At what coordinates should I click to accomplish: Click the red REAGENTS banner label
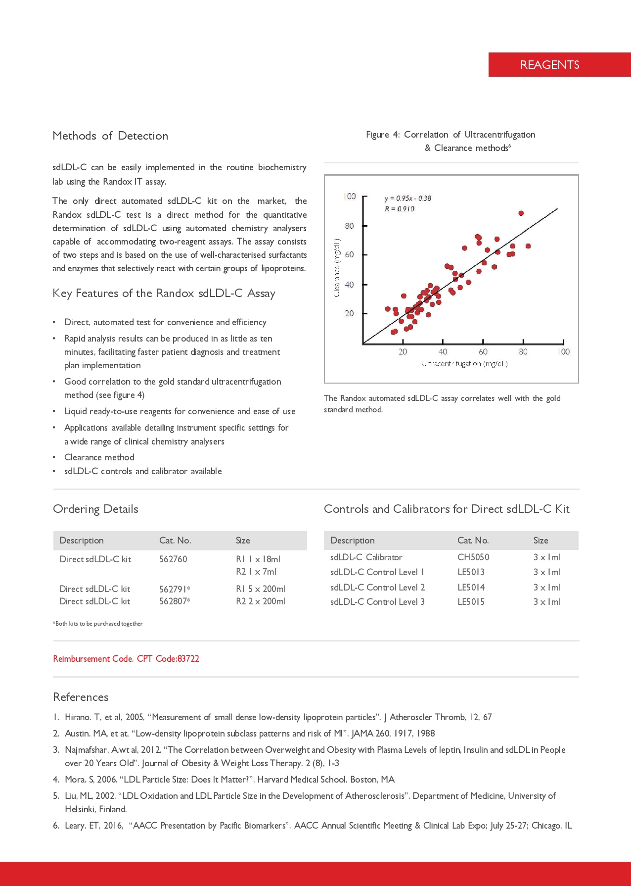pos(549,65)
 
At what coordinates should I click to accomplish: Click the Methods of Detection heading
pos(110,136)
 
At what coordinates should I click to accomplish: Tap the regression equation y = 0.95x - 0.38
pos(408,198)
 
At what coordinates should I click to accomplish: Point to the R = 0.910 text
pos(400,209)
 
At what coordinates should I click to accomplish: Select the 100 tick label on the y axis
pos(350,197)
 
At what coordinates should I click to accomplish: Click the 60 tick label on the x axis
pos(483,352)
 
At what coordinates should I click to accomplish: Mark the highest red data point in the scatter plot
pos(521,213)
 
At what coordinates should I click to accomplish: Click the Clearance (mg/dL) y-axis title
pos(337,268)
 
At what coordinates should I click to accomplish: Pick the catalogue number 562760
pos(173,559)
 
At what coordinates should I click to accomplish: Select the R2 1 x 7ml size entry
pos(256,572)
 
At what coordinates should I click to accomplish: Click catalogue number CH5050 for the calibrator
pos(473,557)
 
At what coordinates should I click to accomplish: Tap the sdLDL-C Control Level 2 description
pos(377,588)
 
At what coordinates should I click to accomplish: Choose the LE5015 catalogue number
pos(471,602)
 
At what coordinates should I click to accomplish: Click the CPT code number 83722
pos(188,659)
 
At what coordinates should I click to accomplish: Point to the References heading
pos(81,697)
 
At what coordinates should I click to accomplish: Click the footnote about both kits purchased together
pos(98,624)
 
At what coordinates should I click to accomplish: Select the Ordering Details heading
pos(95,509)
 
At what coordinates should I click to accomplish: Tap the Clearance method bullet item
pos(99,457)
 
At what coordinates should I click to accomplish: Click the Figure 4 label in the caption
pos(383,135)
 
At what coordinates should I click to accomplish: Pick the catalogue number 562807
pos(173,601)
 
